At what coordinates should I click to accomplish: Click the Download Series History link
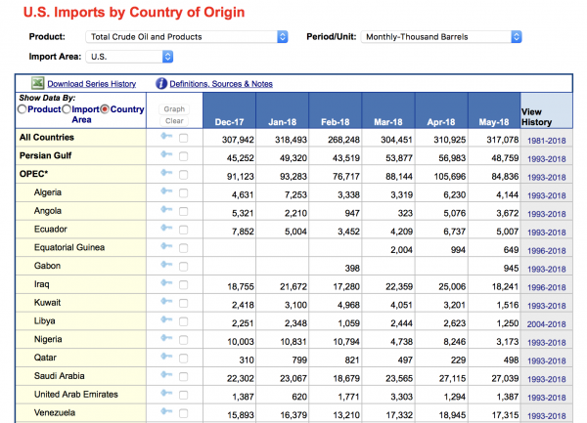(91, 84)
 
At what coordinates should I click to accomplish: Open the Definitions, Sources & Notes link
(221, 84)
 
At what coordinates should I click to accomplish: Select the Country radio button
(105, 109)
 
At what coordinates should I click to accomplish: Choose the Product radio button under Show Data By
(23, 109)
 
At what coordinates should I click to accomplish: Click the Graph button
(174, 109)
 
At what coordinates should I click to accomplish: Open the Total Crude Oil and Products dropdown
(187, 36)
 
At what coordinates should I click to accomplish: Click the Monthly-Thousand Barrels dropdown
(441, 36)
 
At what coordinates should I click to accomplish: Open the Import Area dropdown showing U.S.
(129, 57)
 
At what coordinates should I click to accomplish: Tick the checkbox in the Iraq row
(184, 285)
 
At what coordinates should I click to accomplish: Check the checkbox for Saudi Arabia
(184, 377)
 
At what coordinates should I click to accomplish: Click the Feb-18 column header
(335, 122)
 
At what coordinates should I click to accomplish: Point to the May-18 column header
(494, 122)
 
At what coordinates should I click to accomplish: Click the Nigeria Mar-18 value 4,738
(402, 342)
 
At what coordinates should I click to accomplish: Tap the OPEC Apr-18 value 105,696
(450, 177)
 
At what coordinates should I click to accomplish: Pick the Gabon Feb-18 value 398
(352, 269)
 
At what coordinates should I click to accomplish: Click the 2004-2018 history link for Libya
(546, 324)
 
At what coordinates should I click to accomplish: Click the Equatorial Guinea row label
(69, 247)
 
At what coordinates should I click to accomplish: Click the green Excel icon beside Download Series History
(37, 83)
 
